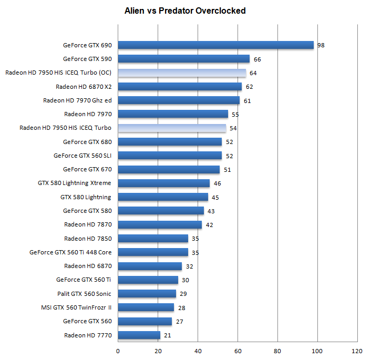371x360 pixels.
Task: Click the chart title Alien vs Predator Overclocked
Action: pos(185,11)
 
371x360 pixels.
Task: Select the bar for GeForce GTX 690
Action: pos(215,45)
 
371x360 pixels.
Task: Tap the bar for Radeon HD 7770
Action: pos(139,335)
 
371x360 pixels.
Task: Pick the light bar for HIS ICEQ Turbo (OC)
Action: pos(182,73)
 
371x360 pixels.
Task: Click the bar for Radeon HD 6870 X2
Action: pos(180,87)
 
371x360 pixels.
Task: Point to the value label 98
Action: pos(321,45)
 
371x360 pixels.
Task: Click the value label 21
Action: pos(167,335)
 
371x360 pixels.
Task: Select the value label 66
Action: pos(257,59)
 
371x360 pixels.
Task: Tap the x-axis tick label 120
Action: pos(357,351)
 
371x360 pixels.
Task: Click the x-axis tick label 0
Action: pos(118,351)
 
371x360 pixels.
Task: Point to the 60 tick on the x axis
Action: pos(238,351)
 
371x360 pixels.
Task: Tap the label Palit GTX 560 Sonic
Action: pos(84,294)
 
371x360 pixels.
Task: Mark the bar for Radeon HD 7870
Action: pos(160,224)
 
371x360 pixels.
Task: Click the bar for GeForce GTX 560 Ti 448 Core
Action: pos(152,252)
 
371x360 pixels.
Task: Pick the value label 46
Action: pos(217,183)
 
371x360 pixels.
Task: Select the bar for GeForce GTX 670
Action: pos(169,169)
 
